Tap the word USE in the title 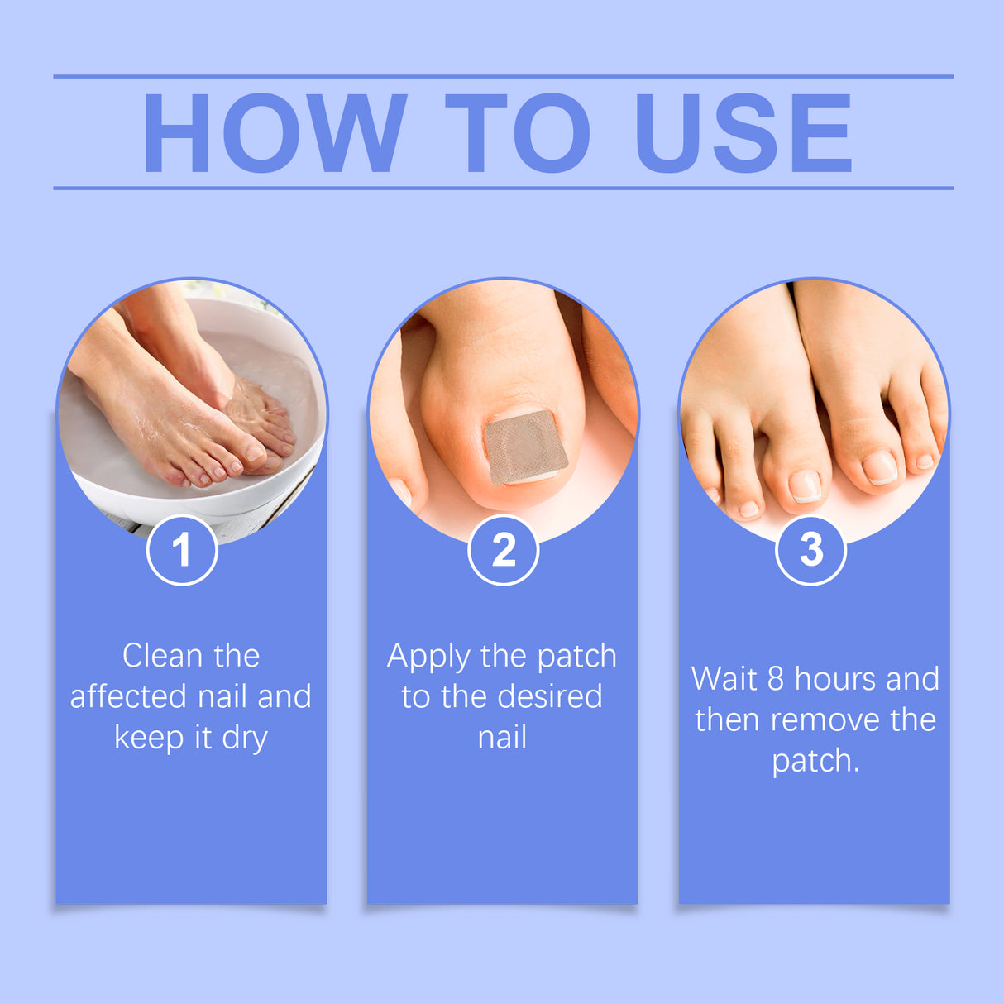(x=743, y=133)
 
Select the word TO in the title (x=518, y=133)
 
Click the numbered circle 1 (x=182, y=550)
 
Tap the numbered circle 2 (x=503, y=550)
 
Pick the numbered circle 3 (x=810, y=549)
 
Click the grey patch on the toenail (x=525, y=447)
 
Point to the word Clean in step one (x=162, y=656)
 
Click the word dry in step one (x=245, y=738)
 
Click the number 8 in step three (x=775, y=679)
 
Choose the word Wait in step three (x=724, y=679)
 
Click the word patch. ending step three (x=815, y=762)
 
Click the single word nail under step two (x=502, y=737)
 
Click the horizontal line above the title (x=503, y=76)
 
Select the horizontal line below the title (x=503, y=188)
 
